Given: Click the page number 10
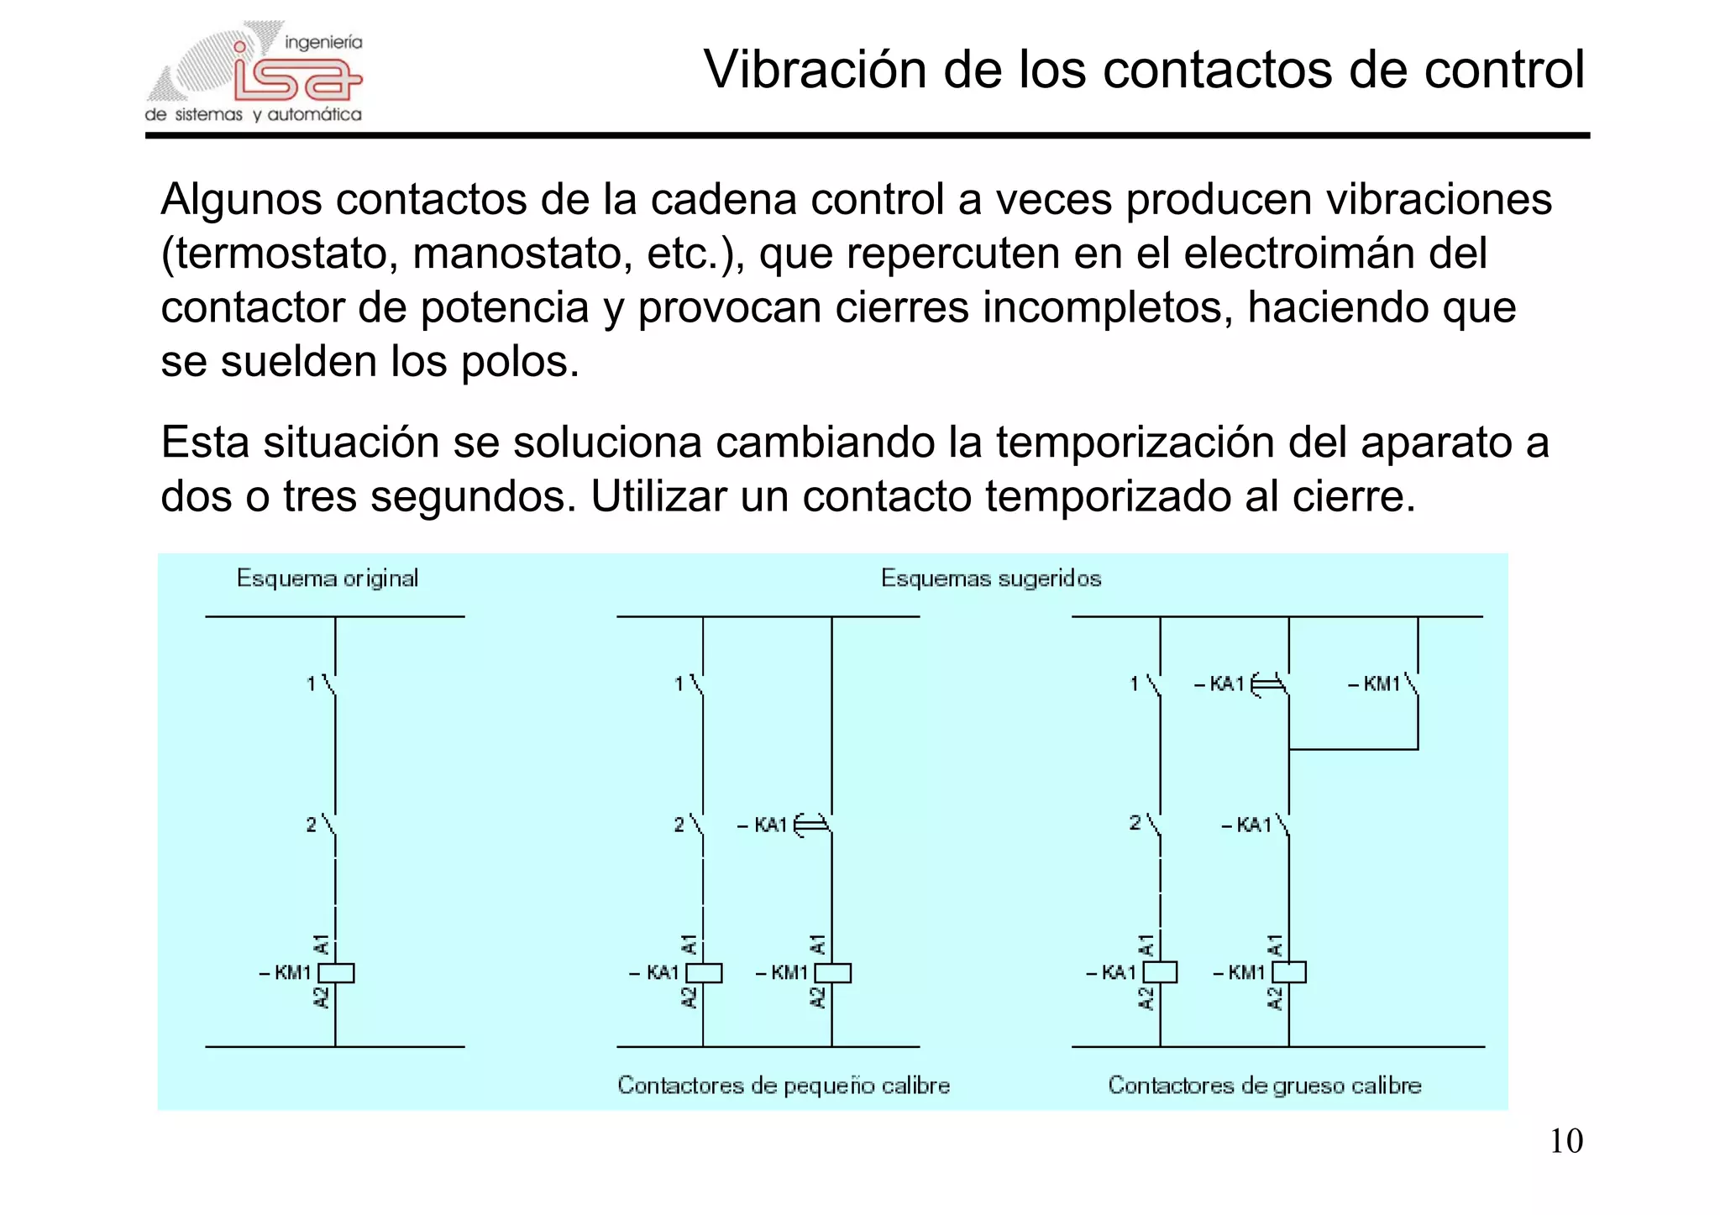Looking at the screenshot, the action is coord(1565,1141).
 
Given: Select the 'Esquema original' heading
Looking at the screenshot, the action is coord(327,579).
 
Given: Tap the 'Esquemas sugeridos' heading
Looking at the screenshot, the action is coord(990,579).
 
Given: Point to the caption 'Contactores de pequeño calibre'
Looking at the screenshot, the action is coord(784,1085).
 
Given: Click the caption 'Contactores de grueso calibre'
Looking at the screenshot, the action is coord(1264,1085).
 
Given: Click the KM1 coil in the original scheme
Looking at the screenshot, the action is coord(336,972).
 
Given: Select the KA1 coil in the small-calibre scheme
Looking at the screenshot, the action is coord(704,972).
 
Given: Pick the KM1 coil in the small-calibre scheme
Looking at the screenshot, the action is coord(832,972).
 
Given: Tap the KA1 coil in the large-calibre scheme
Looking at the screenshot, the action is coord(1160,972).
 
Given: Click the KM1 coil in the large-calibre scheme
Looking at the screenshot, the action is coord(1289,972).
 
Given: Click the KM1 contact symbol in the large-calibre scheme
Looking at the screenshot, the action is coord(1412,684).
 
